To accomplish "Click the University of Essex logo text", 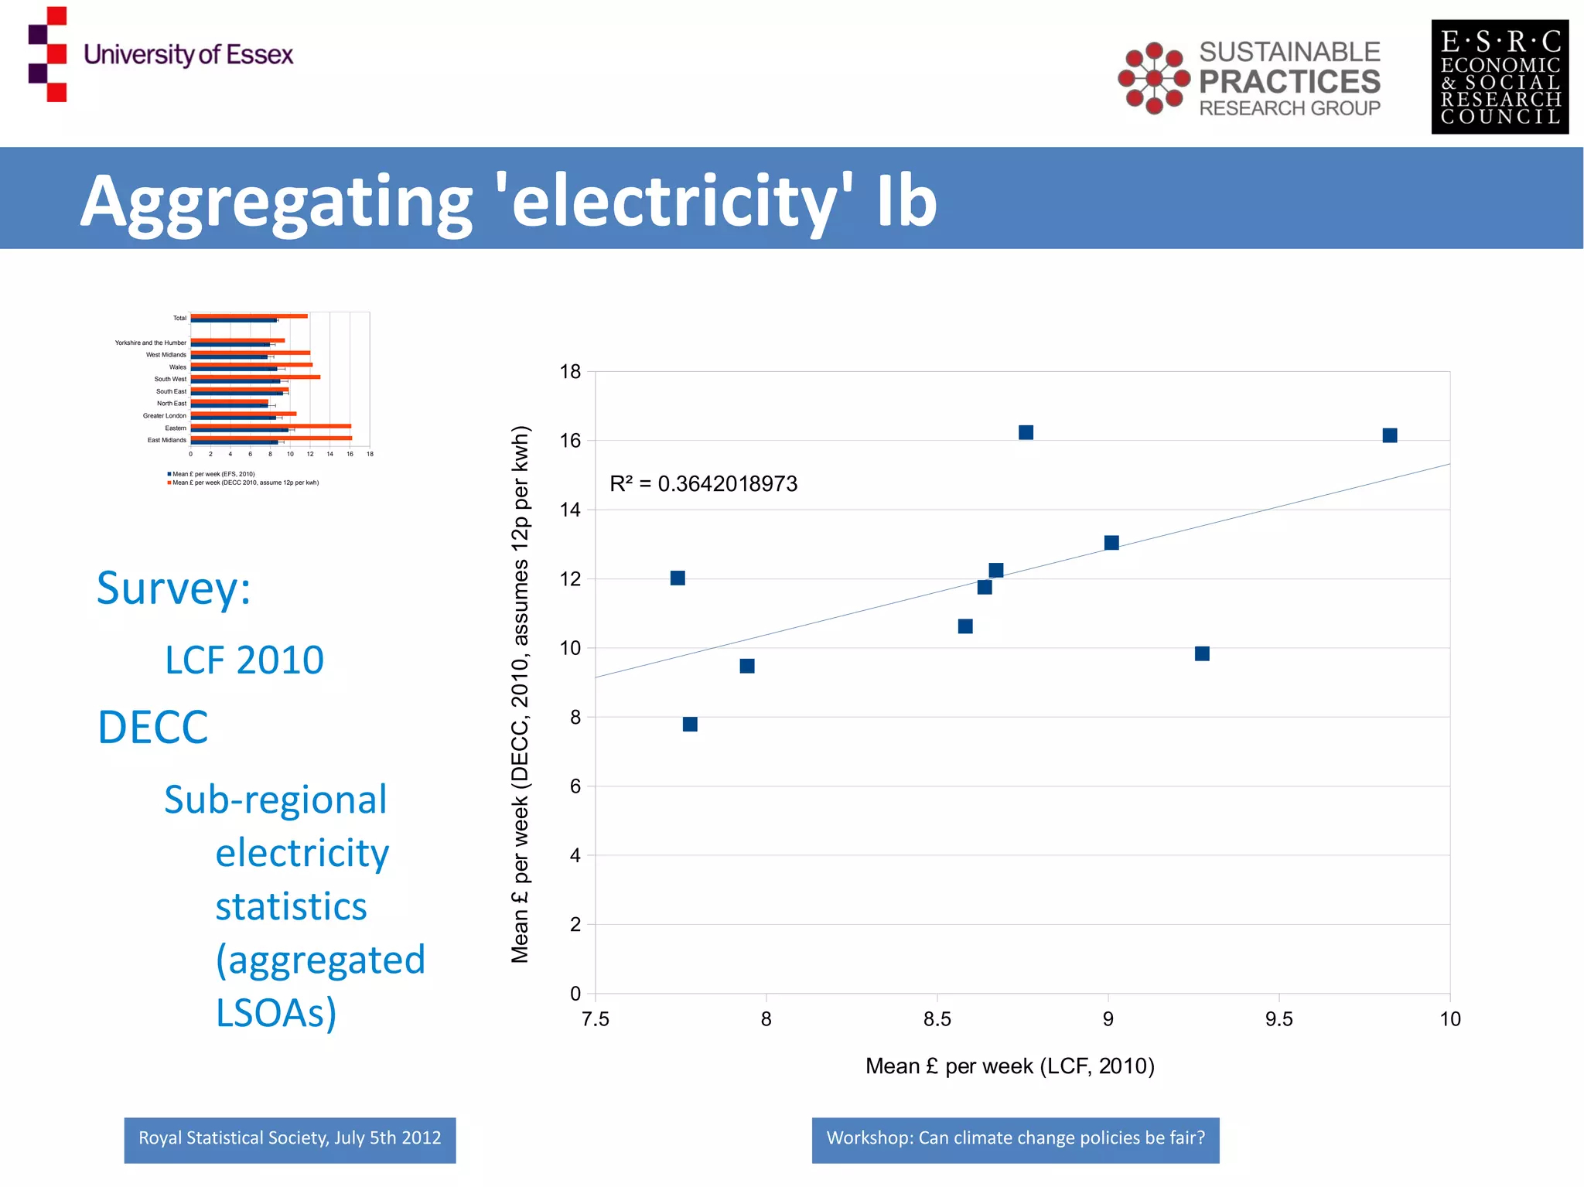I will click(x=188, y=55).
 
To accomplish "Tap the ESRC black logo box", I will click(x=1500, y=77).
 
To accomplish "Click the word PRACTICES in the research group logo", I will click(x=1289, y=81).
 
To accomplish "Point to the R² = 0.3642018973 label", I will click(x=703, y=484).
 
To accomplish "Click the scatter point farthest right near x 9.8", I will click(x=1389, y=435).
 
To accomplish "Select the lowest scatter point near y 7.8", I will click(x=690, y=724).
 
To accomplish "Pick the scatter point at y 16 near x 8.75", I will click(x=1026, y=432).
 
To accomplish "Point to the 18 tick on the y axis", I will click(x=570, y=372).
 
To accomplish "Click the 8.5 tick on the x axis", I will click(x=937, y=1019).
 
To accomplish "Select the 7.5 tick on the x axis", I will click(x=595, y=1019).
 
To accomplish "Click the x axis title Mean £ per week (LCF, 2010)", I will click(x=1009, y=1066).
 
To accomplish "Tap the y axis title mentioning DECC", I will click(x=521, y=694).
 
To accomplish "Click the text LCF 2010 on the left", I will click(x=244, y=660).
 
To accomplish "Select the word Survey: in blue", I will click(x=173, y=588).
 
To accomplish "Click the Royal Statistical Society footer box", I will click(x=289, y=1139).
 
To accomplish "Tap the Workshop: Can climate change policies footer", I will click(x=1015, y=1139).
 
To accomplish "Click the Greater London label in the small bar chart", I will click(x=164, y=416).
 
